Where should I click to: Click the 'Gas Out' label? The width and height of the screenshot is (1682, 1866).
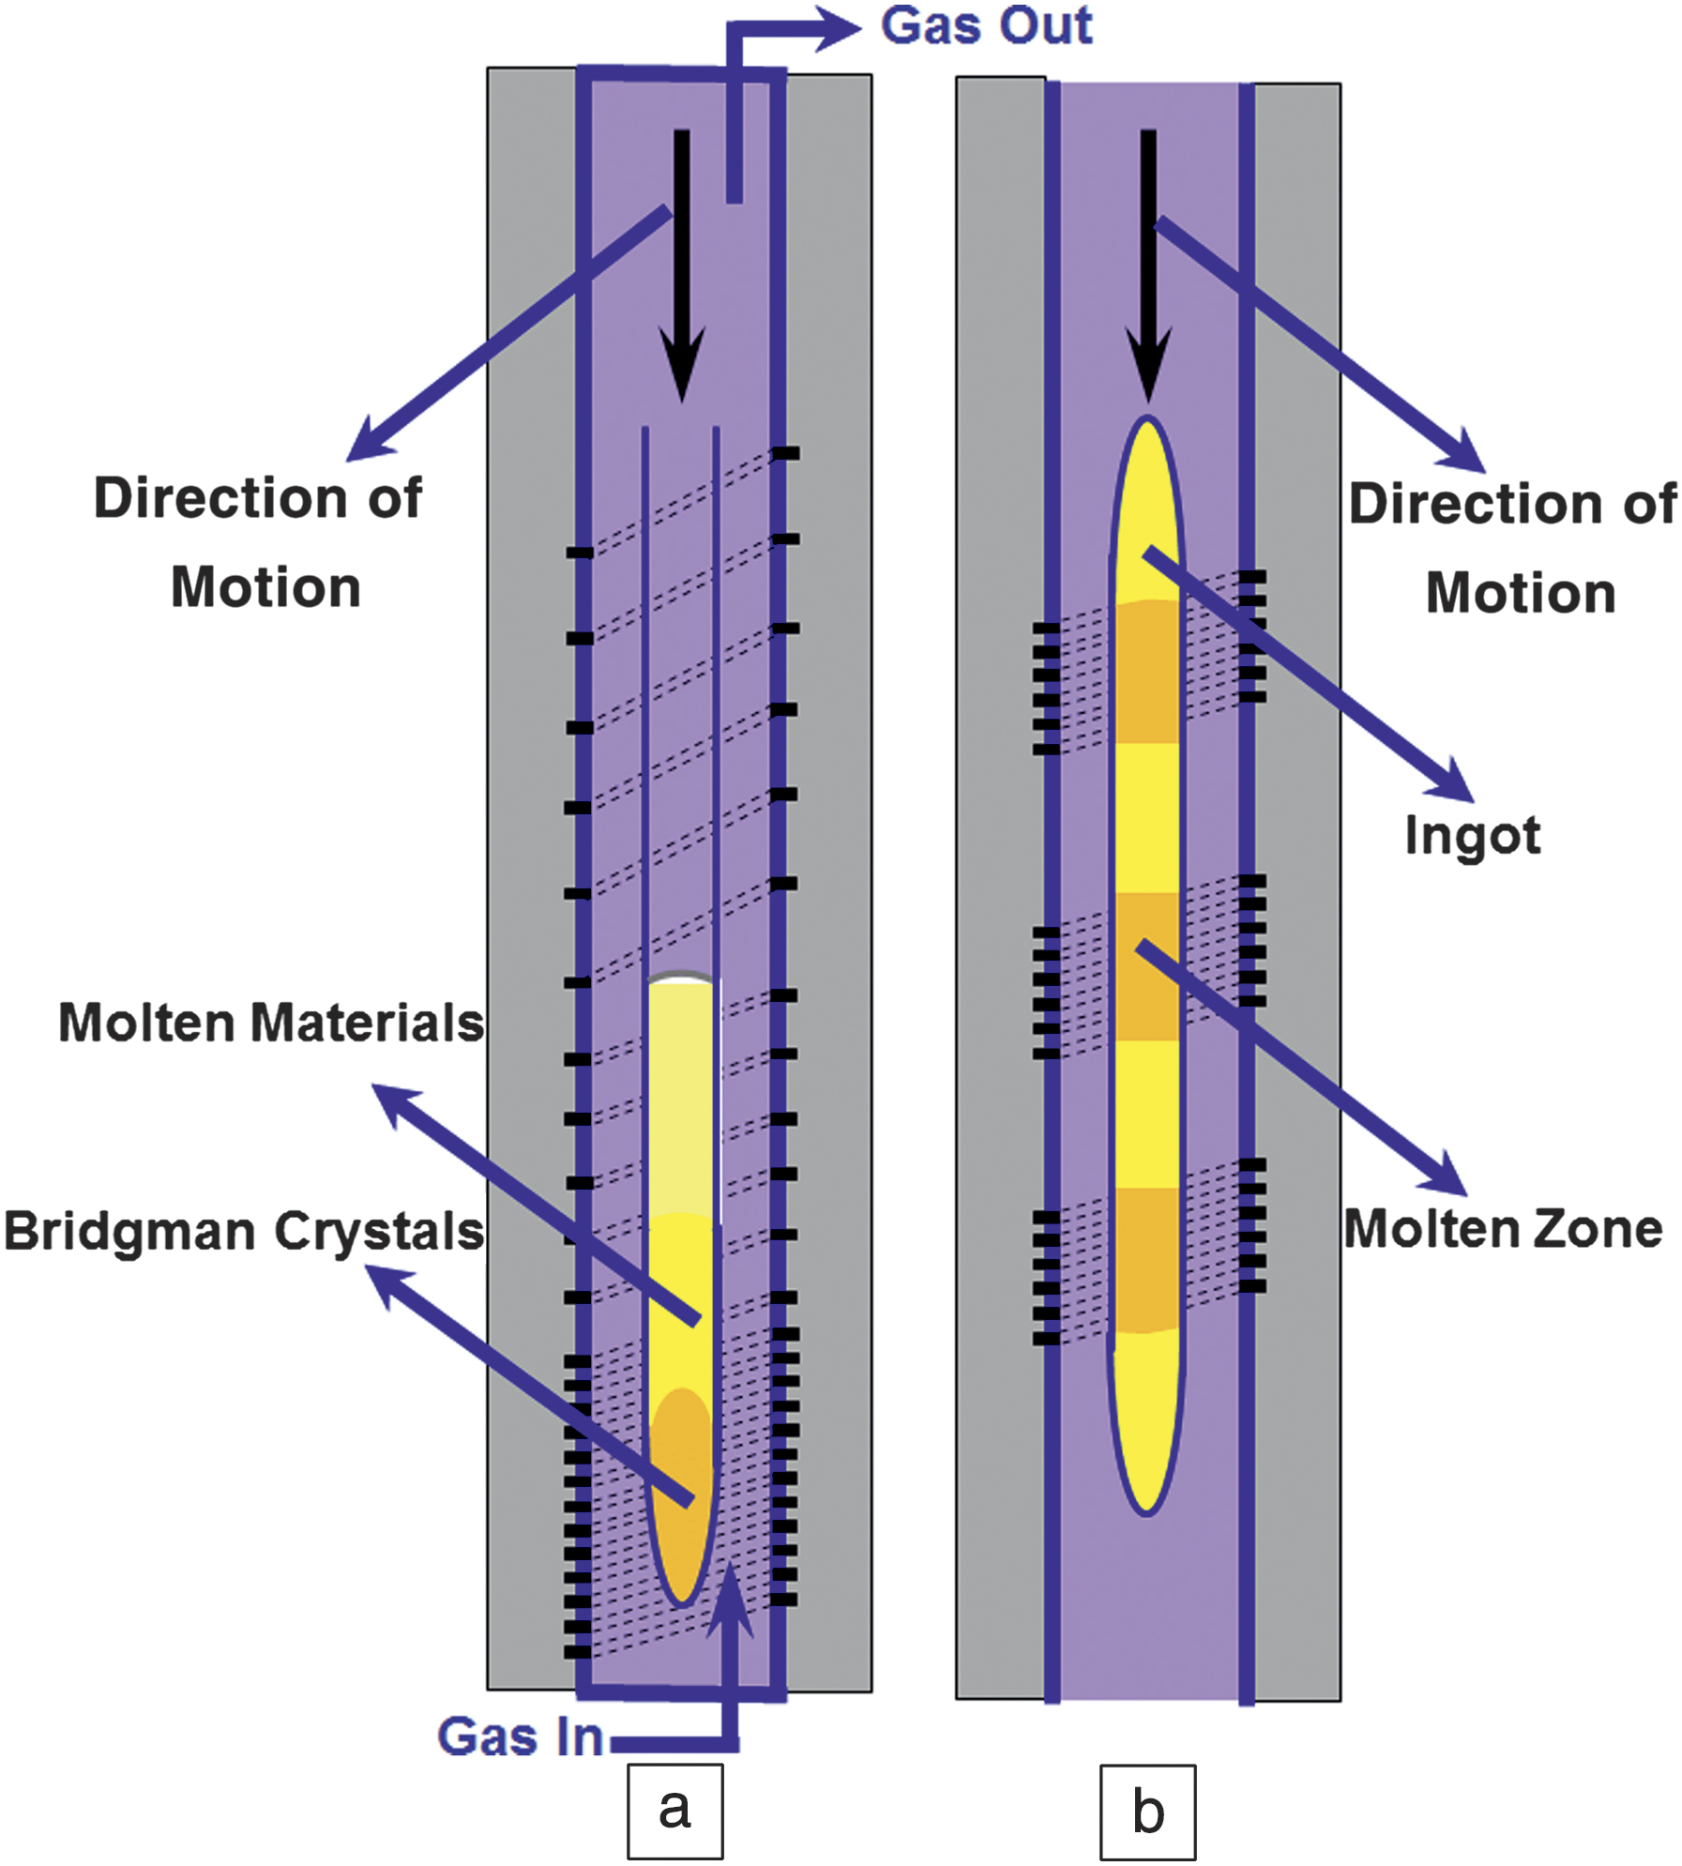(986, 26)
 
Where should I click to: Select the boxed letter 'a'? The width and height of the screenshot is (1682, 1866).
(674, 1811)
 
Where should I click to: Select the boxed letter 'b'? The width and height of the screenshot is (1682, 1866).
(1147, 1812)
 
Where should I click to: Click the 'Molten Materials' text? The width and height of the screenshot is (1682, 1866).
(271, 1022)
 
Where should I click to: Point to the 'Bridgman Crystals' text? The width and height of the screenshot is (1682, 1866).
(244, 1231)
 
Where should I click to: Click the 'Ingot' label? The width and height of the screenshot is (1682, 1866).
(1472, 835)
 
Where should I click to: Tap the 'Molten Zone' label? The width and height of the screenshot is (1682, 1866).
(1503, 1228)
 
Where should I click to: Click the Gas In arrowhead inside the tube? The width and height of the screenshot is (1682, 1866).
(730, 1600)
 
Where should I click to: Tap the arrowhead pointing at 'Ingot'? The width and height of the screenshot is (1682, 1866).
(1453, 781)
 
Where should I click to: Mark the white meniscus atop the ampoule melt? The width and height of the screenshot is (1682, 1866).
(682, 979)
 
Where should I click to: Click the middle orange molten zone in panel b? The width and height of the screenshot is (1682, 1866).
(1147, 966)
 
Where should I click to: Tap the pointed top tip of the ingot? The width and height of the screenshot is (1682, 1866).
(1147, 422)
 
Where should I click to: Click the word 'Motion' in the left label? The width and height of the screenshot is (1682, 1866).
(265, 588)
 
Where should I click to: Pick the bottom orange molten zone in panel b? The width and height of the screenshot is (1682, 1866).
(1147, 1260)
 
